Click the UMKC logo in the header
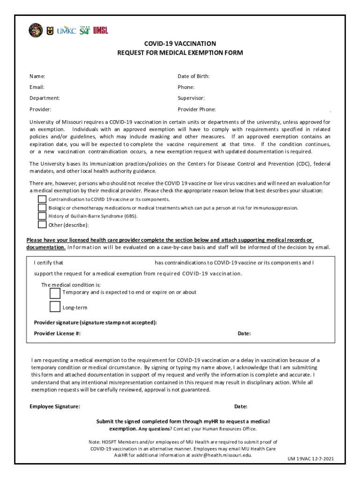[x=66, y=30]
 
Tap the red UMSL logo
[x=101, y=30]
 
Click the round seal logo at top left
[x=36, y=30]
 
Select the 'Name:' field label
[x=37, y=76]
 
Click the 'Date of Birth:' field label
[x=194, y=76]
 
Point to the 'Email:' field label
[x=37, y=87]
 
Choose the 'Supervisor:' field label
[x=191, y=98]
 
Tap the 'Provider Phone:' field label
[x=196, y=109]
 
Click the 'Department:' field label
[x=44, y=98]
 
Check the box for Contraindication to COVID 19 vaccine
[x=42, y=199]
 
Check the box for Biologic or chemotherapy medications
[x=42, y=208]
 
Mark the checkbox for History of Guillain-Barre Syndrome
[x=42, y=216]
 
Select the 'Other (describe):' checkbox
[x=42, y=225]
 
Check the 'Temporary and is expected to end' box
[x=55, y=293]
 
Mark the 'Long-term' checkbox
[x=55, y=307]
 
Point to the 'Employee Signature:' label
[x=55, y=406]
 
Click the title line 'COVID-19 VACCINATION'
[x=180, y=44]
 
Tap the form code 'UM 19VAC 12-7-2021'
[x=310, y=459]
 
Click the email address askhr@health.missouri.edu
[x=216, y=455]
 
